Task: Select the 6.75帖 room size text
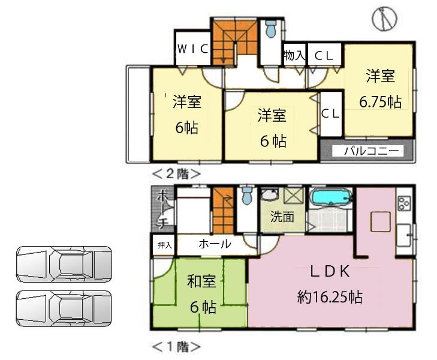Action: click(x=380, y=101)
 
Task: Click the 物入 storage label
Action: click(x=294, y=56)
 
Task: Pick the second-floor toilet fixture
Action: click(x=270, y=28)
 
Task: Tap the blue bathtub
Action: click(x=330, y=197)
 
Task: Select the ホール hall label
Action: click(x=213, y=244)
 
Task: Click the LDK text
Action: click(x=329, y=271)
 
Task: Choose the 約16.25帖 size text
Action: click(x=329, y=296)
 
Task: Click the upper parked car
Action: click(x=64, y=264)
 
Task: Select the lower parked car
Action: click(x=64, y=308)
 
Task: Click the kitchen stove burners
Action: click(x=403, y=203)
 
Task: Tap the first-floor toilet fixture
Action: click(x=246, y=196)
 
